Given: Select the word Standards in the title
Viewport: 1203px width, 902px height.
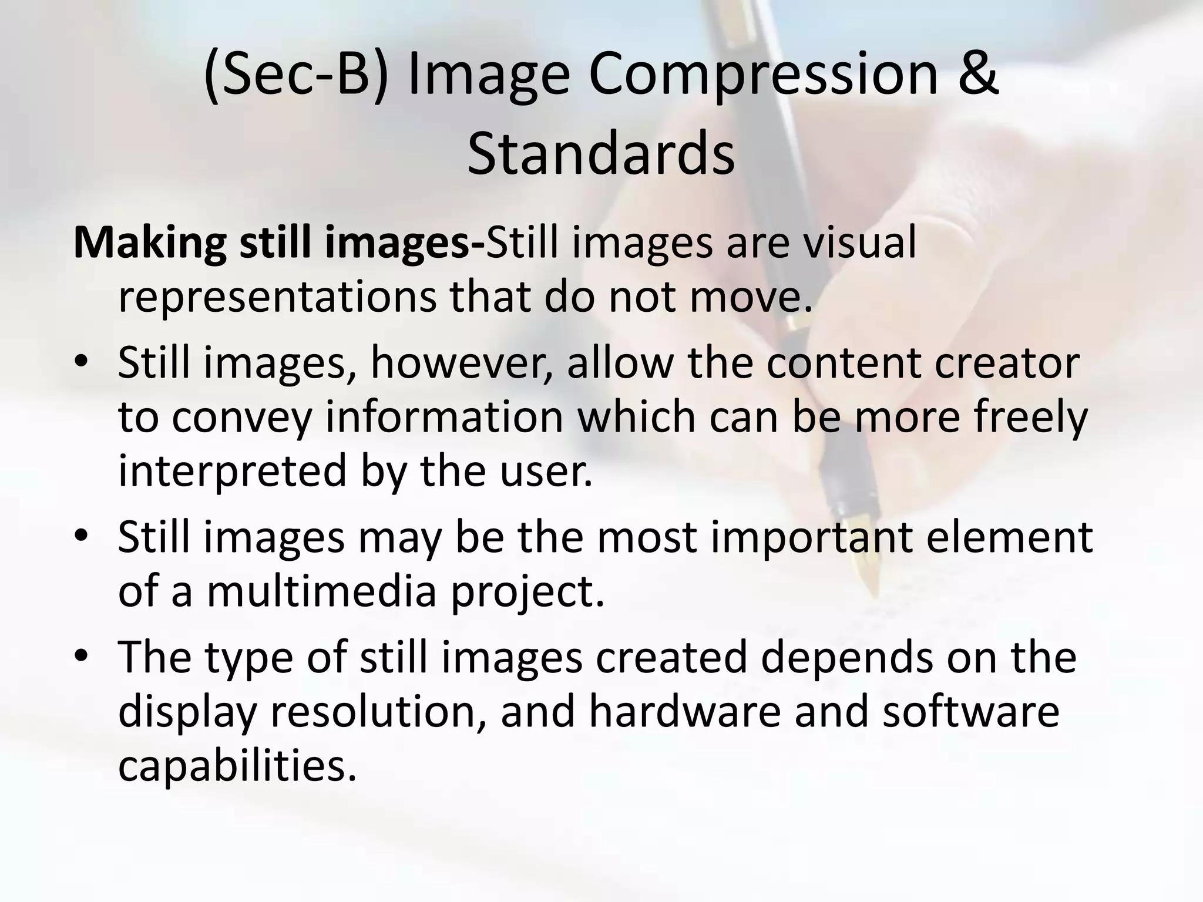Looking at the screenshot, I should coord(601,154).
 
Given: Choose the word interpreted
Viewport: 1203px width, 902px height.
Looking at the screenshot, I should coord(233,471).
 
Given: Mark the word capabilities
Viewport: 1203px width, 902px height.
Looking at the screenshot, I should coord(237,766).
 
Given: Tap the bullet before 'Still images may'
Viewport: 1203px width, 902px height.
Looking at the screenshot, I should coord(82,536).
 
